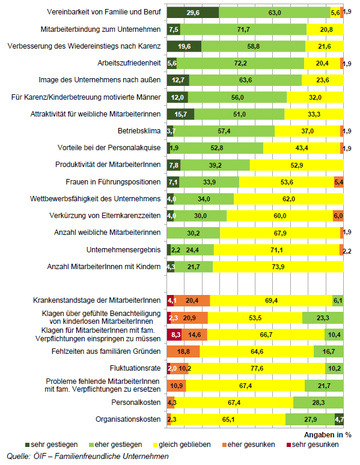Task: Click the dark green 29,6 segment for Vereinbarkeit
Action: tap(193, 13)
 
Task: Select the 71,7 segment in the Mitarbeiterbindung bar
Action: tap(243, 29)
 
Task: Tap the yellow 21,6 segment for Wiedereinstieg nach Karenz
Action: tap(325, 46)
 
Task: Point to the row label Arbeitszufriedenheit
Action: tap(129, 63)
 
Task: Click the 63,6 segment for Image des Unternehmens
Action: tap(245, 80)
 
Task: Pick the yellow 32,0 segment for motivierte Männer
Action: tap(315, 97)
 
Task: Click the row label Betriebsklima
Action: tap(139, 131)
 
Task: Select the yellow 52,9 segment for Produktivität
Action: tap(297, 165)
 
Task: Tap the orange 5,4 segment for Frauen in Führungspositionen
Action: tap(338, 182)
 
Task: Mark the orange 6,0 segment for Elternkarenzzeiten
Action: tap(338, 216)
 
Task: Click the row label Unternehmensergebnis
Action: tap(123, 250)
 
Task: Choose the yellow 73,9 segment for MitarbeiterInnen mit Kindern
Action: tap(278, 267)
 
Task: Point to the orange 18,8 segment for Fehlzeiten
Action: tap(183, 351)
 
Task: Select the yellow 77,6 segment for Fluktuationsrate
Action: tap(257, 368)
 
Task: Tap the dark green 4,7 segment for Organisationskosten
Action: tap(339, 419)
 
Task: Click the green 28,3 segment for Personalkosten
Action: tap(319, 403)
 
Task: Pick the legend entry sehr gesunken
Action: tap(313, 445)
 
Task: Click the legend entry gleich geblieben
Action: tap(182, 445)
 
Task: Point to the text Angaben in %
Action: tap(328, 435)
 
